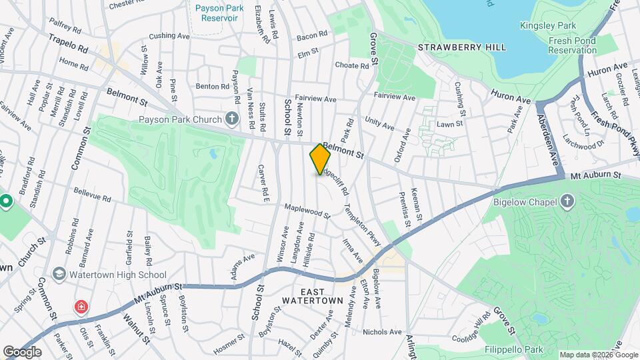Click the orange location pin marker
point(320,159)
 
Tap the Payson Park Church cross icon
point(231,119)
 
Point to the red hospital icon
point(81,307)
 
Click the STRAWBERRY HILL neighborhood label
point(461,47)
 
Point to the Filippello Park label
point(515,349)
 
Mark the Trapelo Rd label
point(68,44)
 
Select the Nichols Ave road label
point(382,331)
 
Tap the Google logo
point(22,351)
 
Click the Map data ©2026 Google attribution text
point(597,355)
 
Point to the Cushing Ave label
point(170,36)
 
